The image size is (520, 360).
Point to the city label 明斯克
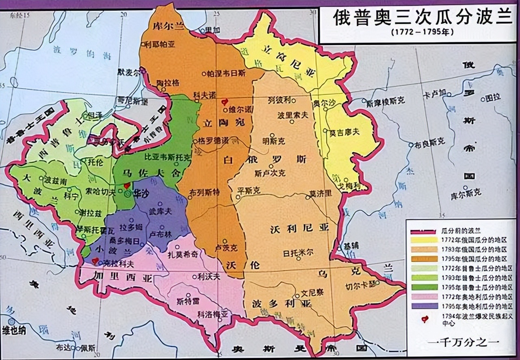tap(274, 141)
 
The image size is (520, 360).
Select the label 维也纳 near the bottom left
tap(14, 330)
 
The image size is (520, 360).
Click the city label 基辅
tap(349, 247)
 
